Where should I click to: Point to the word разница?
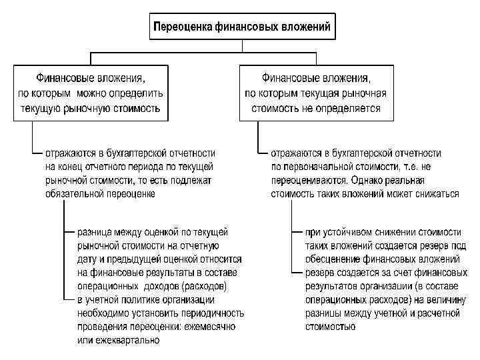[x=96, y=233]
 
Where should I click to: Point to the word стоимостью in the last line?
[x=331, y=327]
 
